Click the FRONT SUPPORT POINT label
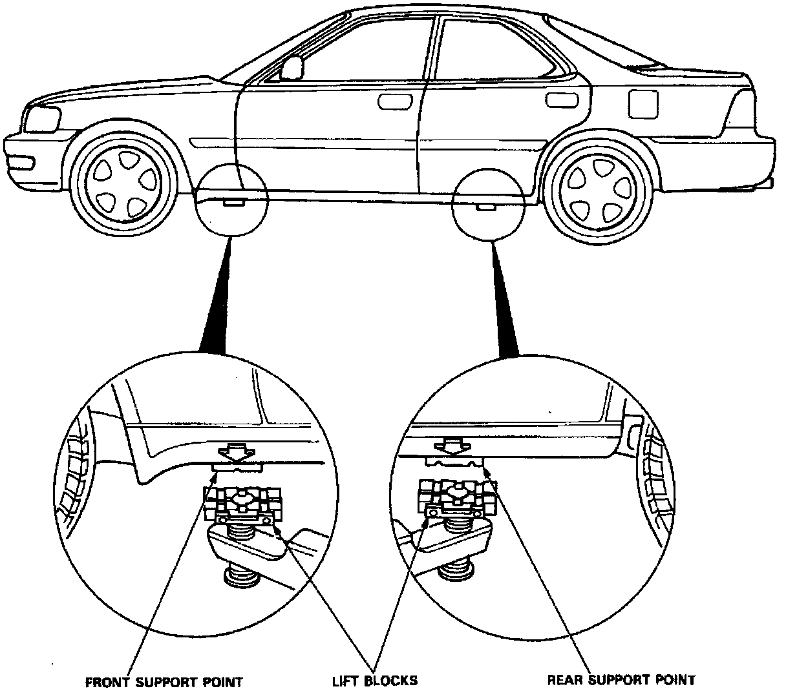164,681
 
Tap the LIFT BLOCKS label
375,680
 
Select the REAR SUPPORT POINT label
621,679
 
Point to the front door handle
390,101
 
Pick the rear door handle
557,100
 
